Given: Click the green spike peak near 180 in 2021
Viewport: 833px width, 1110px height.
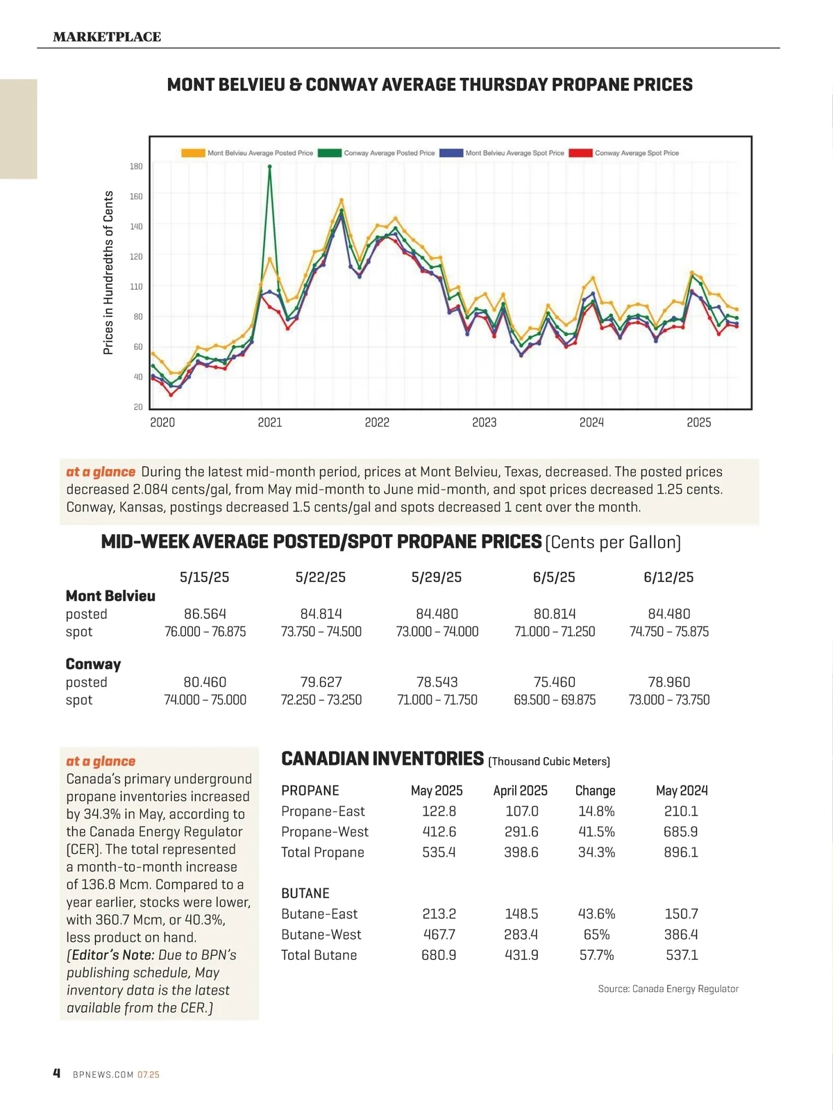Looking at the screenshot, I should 270,167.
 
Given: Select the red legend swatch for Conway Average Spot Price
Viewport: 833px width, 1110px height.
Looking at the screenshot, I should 580,153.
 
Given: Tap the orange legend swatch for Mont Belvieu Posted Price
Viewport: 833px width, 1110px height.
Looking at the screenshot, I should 193,153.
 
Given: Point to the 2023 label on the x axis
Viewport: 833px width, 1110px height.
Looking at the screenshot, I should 484,422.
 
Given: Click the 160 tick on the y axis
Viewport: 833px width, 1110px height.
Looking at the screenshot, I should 136,197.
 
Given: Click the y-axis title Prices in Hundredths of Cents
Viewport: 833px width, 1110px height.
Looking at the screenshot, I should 108,272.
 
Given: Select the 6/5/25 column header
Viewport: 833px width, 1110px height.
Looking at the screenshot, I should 554,577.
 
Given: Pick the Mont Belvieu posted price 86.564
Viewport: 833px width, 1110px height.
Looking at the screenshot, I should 205,614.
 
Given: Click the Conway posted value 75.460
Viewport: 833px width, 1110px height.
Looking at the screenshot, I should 554,682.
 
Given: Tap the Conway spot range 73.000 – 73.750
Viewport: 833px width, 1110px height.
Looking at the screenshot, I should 668,700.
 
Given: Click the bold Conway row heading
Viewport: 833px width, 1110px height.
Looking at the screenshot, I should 93,664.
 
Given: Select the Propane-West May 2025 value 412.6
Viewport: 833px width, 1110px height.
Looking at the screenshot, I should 439,831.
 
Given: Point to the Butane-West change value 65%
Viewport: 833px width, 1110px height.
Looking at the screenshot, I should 596,934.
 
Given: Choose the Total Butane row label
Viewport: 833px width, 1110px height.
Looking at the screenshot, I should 319,955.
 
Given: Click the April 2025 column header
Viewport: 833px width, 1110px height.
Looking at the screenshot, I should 520,790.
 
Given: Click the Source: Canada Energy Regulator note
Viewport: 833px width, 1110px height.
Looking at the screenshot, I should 668,988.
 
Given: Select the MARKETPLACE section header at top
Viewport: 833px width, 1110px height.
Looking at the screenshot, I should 107,37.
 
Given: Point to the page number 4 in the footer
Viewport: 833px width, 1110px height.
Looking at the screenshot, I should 57,1073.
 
